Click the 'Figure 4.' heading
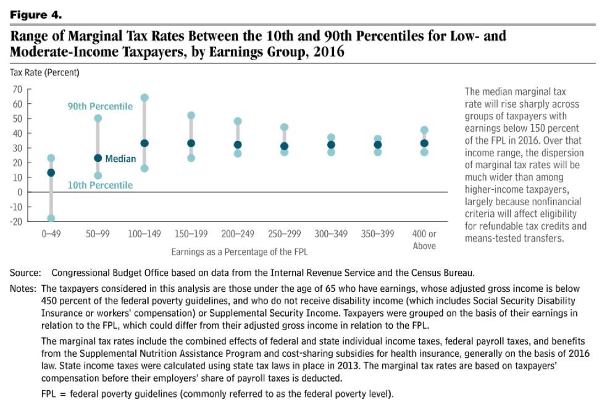[x=36, y=13]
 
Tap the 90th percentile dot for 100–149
[x=144, y=98]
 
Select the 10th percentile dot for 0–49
[x=51, y=218]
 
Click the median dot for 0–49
[x=51, y=172]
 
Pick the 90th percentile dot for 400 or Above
[x=424, y=130]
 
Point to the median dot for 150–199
[x=191, y=143]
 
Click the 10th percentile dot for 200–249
[x=238, y=153]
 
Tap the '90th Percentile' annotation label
[x=100, y=106]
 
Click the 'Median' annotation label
[x=120, y=159]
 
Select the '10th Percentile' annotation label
[x=100, y=185]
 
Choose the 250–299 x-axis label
[x=284, y=235]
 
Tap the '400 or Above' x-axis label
[x=424, y=240]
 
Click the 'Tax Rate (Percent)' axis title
[x=44, y=72]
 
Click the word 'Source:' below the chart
[x=25, y=273]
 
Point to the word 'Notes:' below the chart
[x=23, y=289]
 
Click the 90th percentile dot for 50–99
[x=98, y=118]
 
